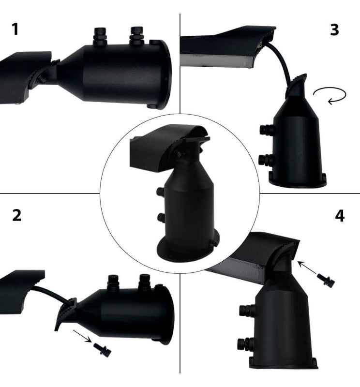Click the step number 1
(15, 29)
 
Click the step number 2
(16, 215)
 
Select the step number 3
(334, 30)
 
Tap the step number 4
(340, 216)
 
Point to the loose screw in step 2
(102, 349)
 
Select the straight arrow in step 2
(82, 336)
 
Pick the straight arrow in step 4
(307, 268)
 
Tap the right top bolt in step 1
(137, 36)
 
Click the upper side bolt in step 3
(267, 130)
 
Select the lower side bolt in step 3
(266, 160)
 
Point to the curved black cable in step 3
(282, 62)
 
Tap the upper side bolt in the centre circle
(161, 192)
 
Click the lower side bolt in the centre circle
(161, 218)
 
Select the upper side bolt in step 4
(246, 311)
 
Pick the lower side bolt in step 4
(245, 344)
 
